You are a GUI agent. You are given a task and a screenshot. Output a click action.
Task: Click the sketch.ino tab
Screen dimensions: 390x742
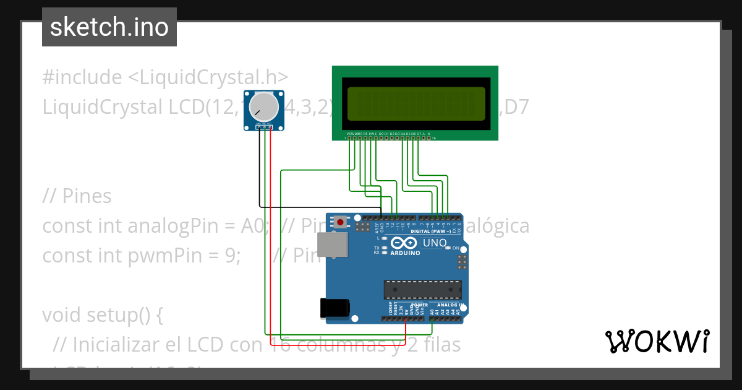click(x=109, y=27)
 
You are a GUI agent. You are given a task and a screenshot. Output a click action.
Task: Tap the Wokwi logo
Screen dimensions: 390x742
click(x=656, y=341)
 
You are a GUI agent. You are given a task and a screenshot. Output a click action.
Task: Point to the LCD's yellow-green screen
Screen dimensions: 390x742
click(x=416, y=103)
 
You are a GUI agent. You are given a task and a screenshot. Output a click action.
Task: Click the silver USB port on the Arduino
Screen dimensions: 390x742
click(x=332, y=245)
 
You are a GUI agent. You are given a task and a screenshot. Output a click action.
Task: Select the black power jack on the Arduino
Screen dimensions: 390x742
click(x=335, y=308)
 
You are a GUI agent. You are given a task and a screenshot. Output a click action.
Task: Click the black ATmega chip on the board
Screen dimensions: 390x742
click(x=422, y=289)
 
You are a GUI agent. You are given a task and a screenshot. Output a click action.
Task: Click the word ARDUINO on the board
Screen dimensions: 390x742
click(x=405, y=253)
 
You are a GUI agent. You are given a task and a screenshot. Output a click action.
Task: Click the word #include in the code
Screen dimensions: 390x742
click(x=82, y=77)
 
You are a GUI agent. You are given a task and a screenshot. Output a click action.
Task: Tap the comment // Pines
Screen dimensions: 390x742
click(x=77, y=196)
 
